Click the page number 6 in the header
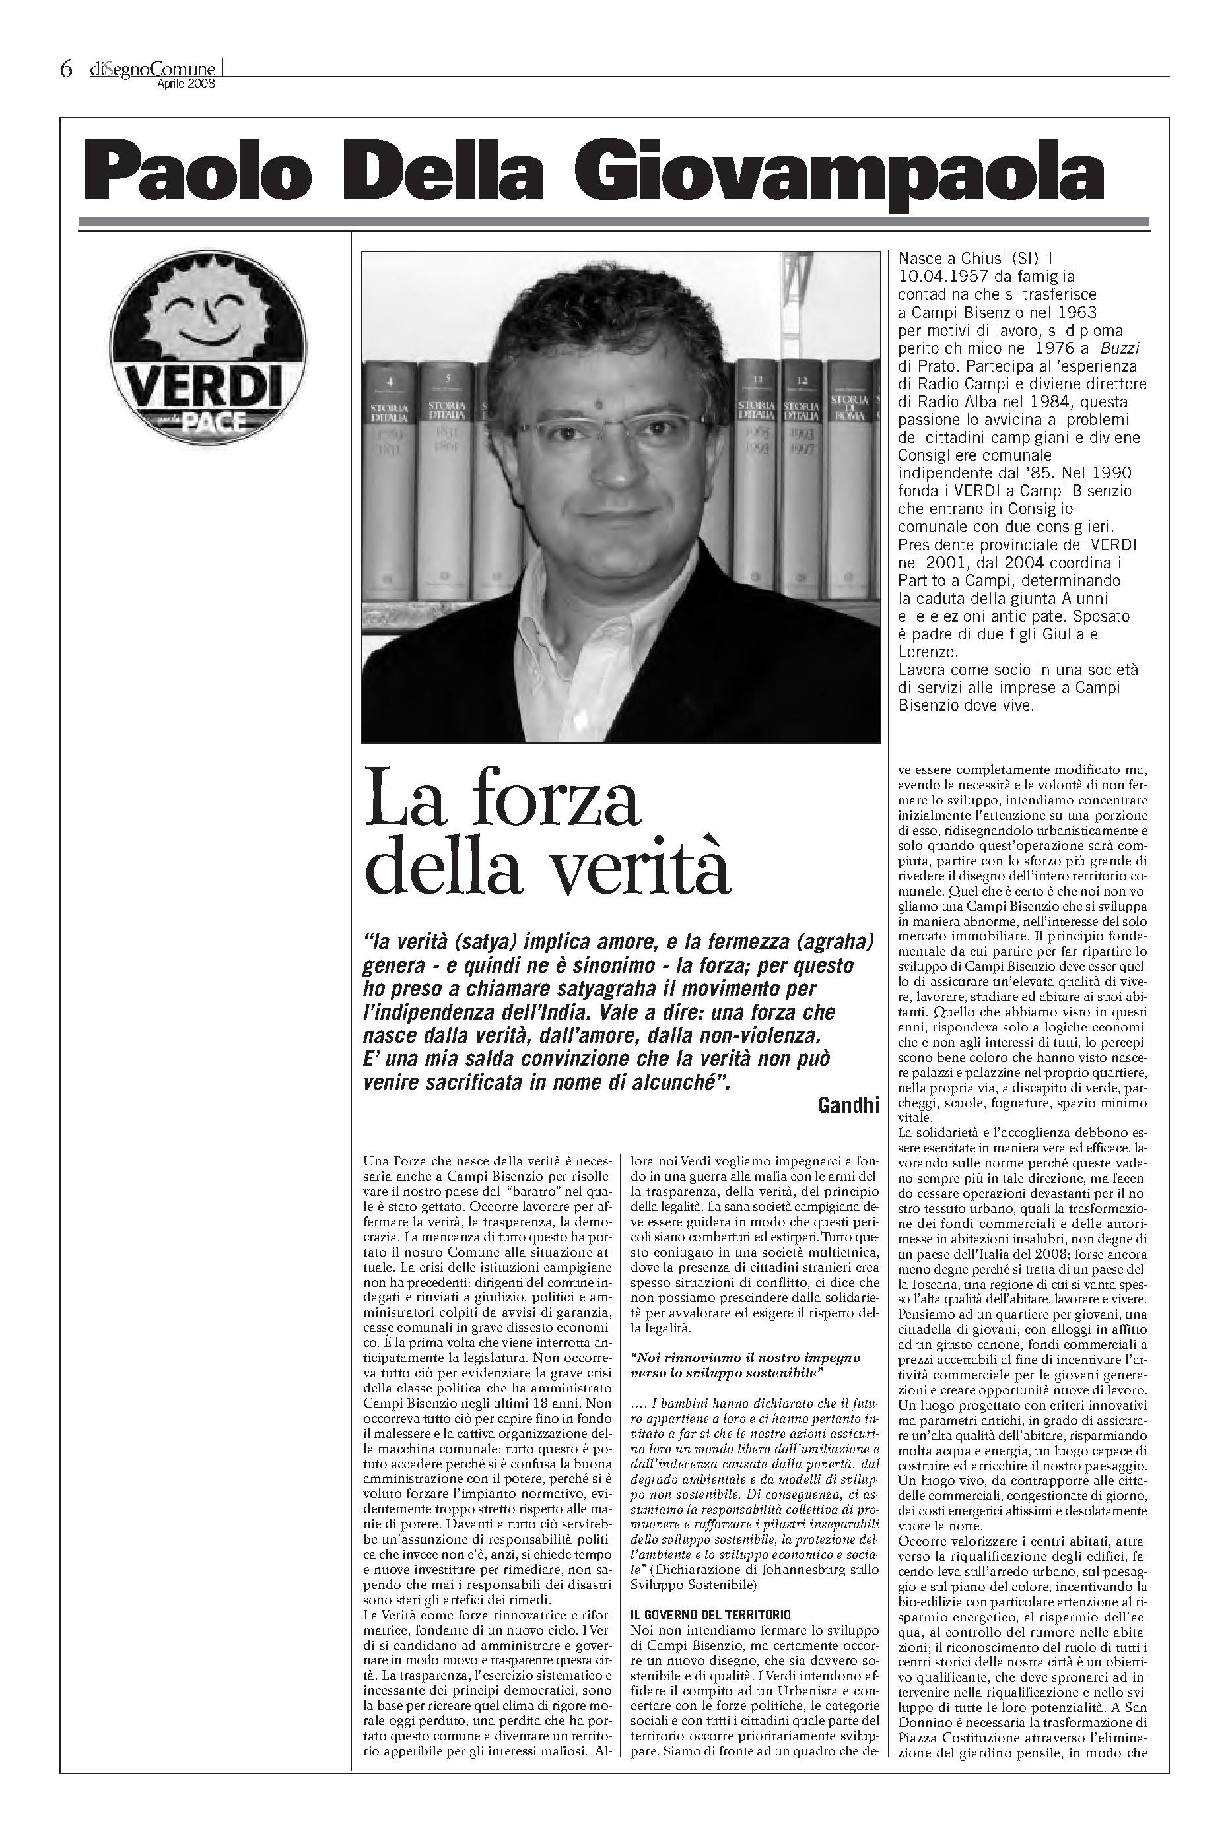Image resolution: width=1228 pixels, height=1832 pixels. click(x=66, y=70)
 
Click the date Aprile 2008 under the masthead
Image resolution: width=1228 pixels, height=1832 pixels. click(x=186, y=84)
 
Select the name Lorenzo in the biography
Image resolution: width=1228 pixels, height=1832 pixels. click(x=927, y=651)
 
